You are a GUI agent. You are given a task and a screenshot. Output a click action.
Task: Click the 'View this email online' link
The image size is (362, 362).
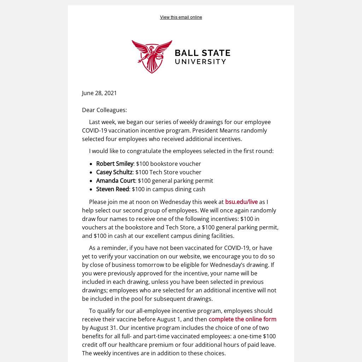tap(181, 17)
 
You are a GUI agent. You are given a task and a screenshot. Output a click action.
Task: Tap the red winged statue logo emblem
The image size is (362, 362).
tap(152, 56)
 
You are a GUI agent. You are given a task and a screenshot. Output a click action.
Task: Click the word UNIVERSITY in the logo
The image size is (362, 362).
tap(200, 62)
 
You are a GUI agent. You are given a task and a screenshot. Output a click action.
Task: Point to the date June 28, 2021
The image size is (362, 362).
tap(99, 93)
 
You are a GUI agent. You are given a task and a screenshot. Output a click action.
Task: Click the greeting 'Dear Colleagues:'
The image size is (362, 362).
tap(104, 110)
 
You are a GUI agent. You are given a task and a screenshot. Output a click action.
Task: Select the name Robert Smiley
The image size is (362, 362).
tap(115, 164)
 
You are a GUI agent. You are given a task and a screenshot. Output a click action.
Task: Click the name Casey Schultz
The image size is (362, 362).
tap(114, 172)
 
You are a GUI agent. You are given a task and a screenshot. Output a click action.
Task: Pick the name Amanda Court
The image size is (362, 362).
tap(116, 181)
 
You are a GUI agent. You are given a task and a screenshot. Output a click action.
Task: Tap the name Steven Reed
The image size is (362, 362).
tap(112, 189)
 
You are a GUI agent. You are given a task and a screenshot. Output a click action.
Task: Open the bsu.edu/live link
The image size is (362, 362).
tap(241, 202)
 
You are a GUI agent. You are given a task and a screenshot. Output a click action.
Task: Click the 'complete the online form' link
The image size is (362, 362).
tap(242, 319)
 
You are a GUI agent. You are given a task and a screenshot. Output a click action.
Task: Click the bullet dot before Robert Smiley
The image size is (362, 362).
tap(92, 164)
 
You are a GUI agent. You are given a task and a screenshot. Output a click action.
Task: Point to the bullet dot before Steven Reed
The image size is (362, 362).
tap(92, 189)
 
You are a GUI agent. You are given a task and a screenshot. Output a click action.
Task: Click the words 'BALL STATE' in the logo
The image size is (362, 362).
tap(203, 53)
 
